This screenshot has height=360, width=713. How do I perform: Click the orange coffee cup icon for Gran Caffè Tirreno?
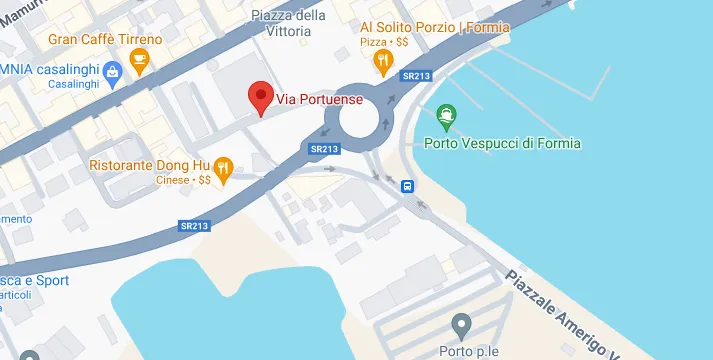pyautogui.click(x=139, y=64)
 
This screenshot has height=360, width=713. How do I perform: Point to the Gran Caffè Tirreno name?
pyautogui.click(x=104, y=40)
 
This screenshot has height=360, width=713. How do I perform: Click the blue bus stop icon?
pyautogui.click(x=408, y=186)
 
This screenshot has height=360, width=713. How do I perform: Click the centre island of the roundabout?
pyautogui.click(x=361, y=118)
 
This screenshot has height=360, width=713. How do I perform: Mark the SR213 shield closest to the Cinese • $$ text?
pyautogui.click(x=194, y=227)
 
